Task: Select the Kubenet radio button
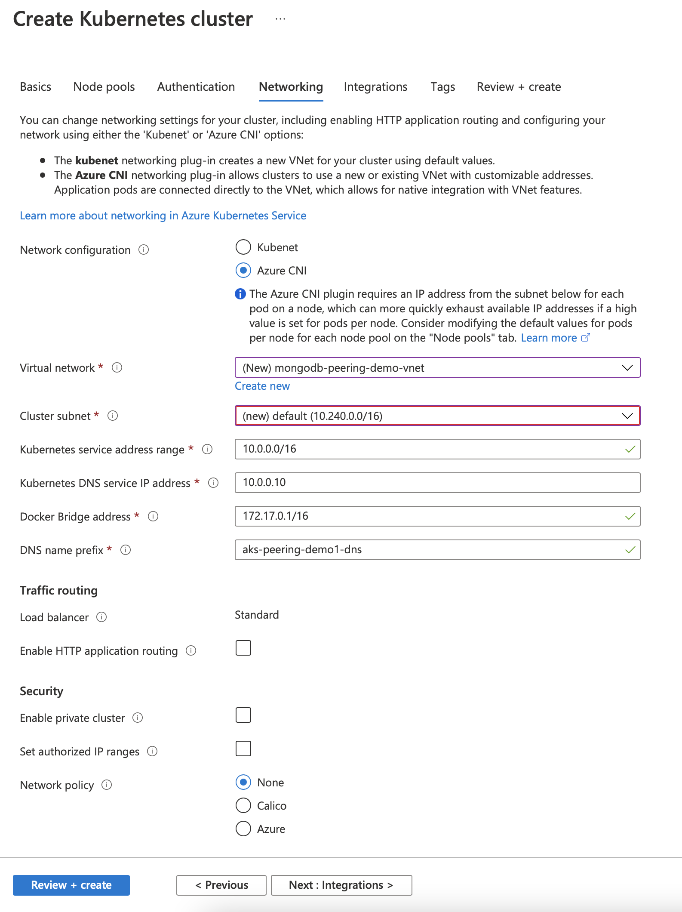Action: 243,247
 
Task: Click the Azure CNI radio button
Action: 243,271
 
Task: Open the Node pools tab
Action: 104,87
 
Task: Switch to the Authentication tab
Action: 196,87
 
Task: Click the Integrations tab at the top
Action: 375,87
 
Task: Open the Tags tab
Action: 443,87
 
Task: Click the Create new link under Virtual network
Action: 262,386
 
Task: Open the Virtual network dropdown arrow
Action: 627,368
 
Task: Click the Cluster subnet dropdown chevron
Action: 627,416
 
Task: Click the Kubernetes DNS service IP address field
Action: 437,483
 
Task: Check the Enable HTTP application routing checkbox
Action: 243,648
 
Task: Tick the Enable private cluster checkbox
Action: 243,715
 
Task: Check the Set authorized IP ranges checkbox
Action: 243,749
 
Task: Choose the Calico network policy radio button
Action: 243,805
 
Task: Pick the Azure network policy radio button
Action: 243,829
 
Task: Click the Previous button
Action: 221,885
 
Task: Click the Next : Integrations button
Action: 341,885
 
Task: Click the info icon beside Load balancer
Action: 101,617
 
